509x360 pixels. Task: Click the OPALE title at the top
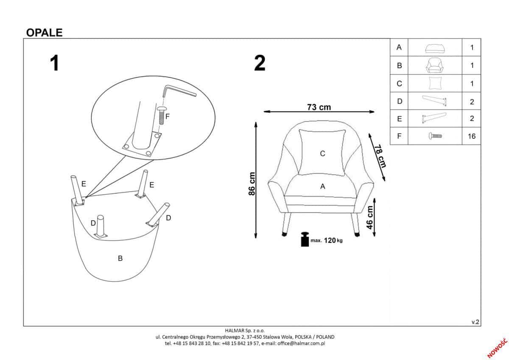(x=44, y=33)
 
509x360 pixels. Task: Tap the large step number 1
(x=54, y=63)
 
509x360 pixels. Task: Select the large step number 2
(x=260, y=63)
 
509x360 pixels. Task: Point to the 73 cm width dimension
(x=319, y=107)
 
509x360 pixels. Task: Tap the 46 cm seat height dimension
(x=370, y=217)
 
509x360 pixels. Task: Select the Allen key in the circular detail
(x=178, y=91)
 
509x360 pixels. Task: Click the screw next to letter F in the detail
(x=161, y=115)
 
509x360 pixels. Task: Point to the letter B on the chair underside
(x=120, y=258)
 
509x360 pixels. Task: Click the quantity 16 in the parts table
(x=472, y=136)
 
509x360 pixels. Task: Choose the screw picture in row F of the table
(x=435, y=136)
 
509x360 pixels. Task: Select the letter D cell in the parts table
(x=399, y=101)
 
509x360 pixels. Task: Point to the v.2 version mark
(x=475, y=322)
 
